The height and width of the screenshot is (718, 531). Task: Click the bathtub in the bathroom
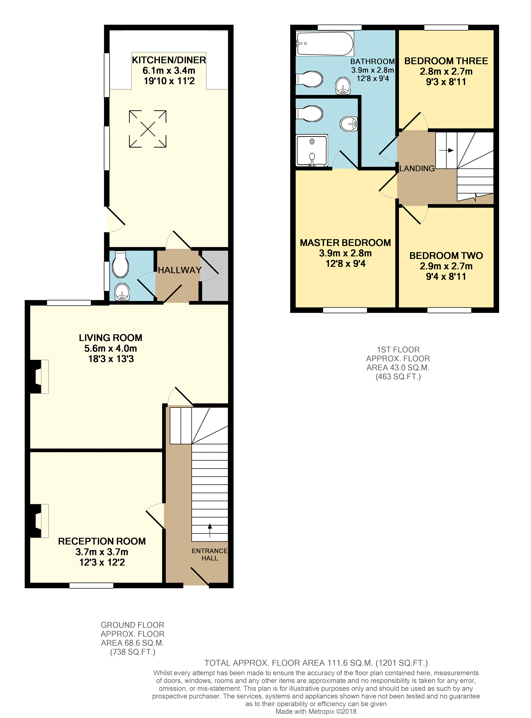[x=325, y=43]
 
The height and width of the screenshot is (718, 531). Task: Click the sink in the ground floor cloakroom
[x=122, y=292]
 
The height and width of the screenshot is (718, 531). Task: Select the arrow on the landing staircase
[x=447, y=150]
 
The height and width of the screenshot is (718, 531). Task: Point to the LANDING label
[x=417, y=168]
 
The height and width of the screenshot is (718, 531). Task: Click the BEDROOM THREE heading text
[x=446, y=61]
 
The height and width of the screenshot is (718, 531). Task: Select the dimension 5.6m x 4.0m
[x=111, y=349]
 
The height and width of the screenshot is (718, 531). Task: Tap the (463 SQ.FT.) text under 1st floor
[x=398, y=377]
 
